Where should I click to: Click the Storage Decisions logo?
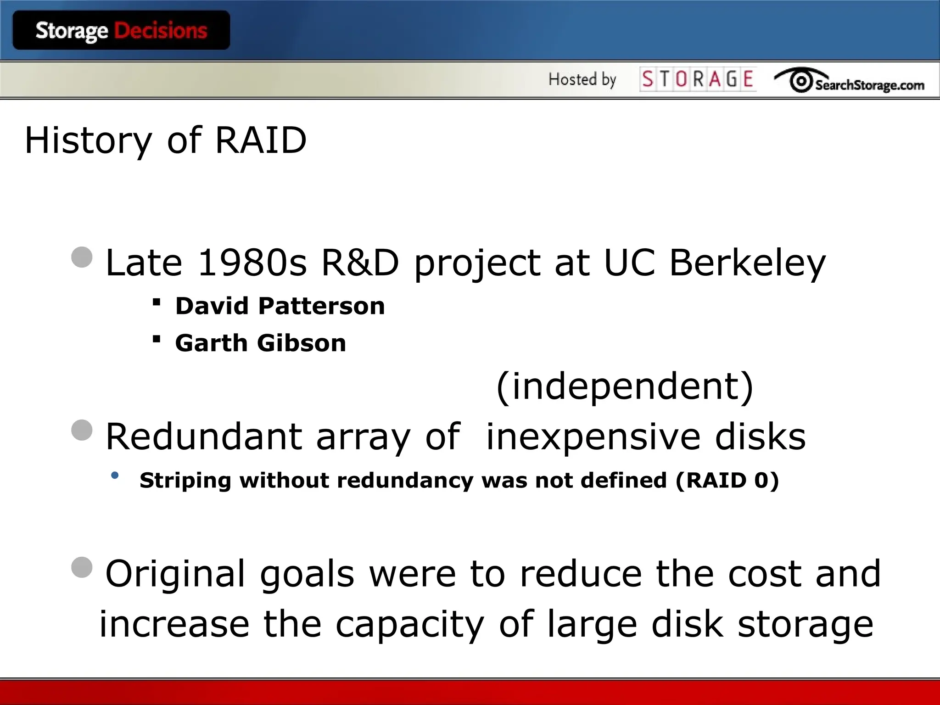click(121, 30)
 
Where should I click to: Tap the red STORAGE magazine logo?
click(698, 79)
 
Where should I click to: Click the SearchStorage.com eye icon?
click(801, 81)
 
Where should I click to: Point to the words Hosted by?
click(582, 79)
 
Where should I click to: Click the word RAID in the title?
click(261, 140)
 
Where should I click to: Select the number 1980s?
click(252, 263)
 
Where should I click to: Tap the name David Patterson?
click(280, 306)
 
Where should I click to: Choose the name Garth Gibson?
click(261, 343)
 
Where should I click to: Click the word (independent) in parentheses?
click(625, 386)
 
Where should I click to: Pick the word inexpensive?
click(592, 436)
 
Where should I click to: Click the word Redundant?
click(204, 436)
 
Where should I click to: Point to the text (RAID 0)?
click(727, 480)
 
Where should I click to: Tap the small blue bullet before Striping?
click(115, 476)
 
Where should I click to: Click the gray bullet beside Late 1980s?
click(82, 257)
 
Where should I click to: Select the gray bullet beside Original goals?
click(82, 567)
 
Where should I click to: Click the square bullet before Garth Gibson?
click(157, 339)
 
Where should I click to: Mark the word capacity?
click(410, 624)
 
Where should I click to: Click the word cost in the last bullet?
click(764, 574)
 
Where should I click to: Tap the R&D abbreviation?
click(360, 263)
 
